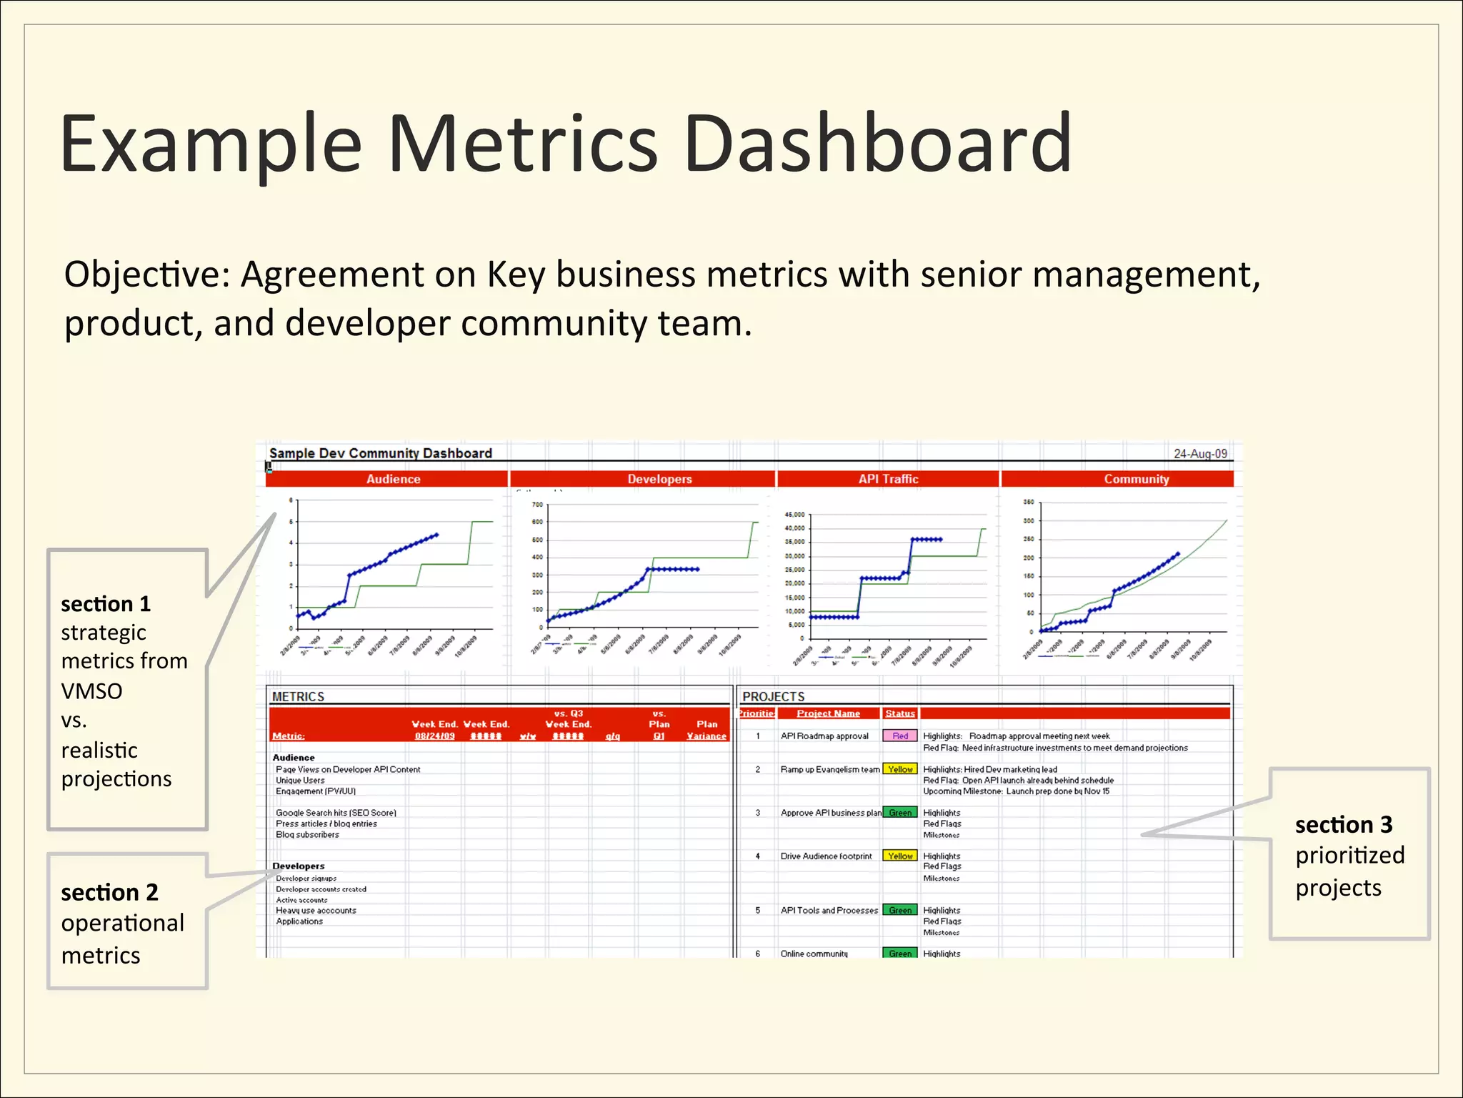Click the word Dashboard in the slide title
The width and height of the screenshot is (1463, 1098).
[x=877, y=144]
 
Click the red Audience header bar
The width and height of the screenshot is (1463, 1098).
[x=393, y=479]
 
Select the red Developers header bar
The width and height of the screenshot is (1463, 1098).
[x=659, y=479]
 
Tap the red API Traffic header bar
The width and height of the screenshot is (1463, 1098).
[x=888, y=479]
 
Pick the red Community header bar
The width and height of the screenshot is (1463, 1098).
[x=1136, y=479]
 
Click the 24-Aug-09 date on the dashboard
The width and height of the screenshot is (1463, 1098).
[x=1200, y=454]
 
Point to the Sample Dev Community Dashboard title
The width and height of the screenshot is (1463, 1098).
[x=380, y=453]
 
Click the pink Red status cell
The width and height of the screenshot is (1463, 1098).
[x=900, y=736]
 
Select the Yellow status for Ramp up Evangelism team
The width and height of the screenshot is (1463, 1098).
[x=900, y=769]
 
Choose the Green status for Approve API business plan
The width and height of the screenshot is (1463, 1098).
[x=900, y=813]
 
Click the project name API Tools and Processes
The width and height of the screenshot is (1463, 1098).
[x=829, y=910]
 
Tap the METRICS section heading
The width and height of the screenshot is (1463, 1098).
[x=298, y=696]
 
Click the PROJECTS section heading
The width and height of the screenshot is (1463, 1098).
[x=773, y=696]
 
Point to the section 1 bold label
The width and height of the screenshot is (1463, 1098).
[x=106, y=604]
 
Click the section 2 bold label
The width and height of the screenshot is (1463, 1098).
[x=109, y=892]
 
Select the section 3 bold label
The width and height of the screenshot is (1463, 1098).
[x=1344, y=824]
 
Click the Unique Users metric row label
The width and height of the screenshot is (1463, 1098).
[x=300, y=781]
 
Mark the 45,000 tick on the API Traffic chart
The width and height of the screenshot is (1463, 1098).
[x=794, y=515]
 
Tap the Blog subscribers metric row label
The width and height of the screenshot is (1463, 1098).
[x=307, y=835]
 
